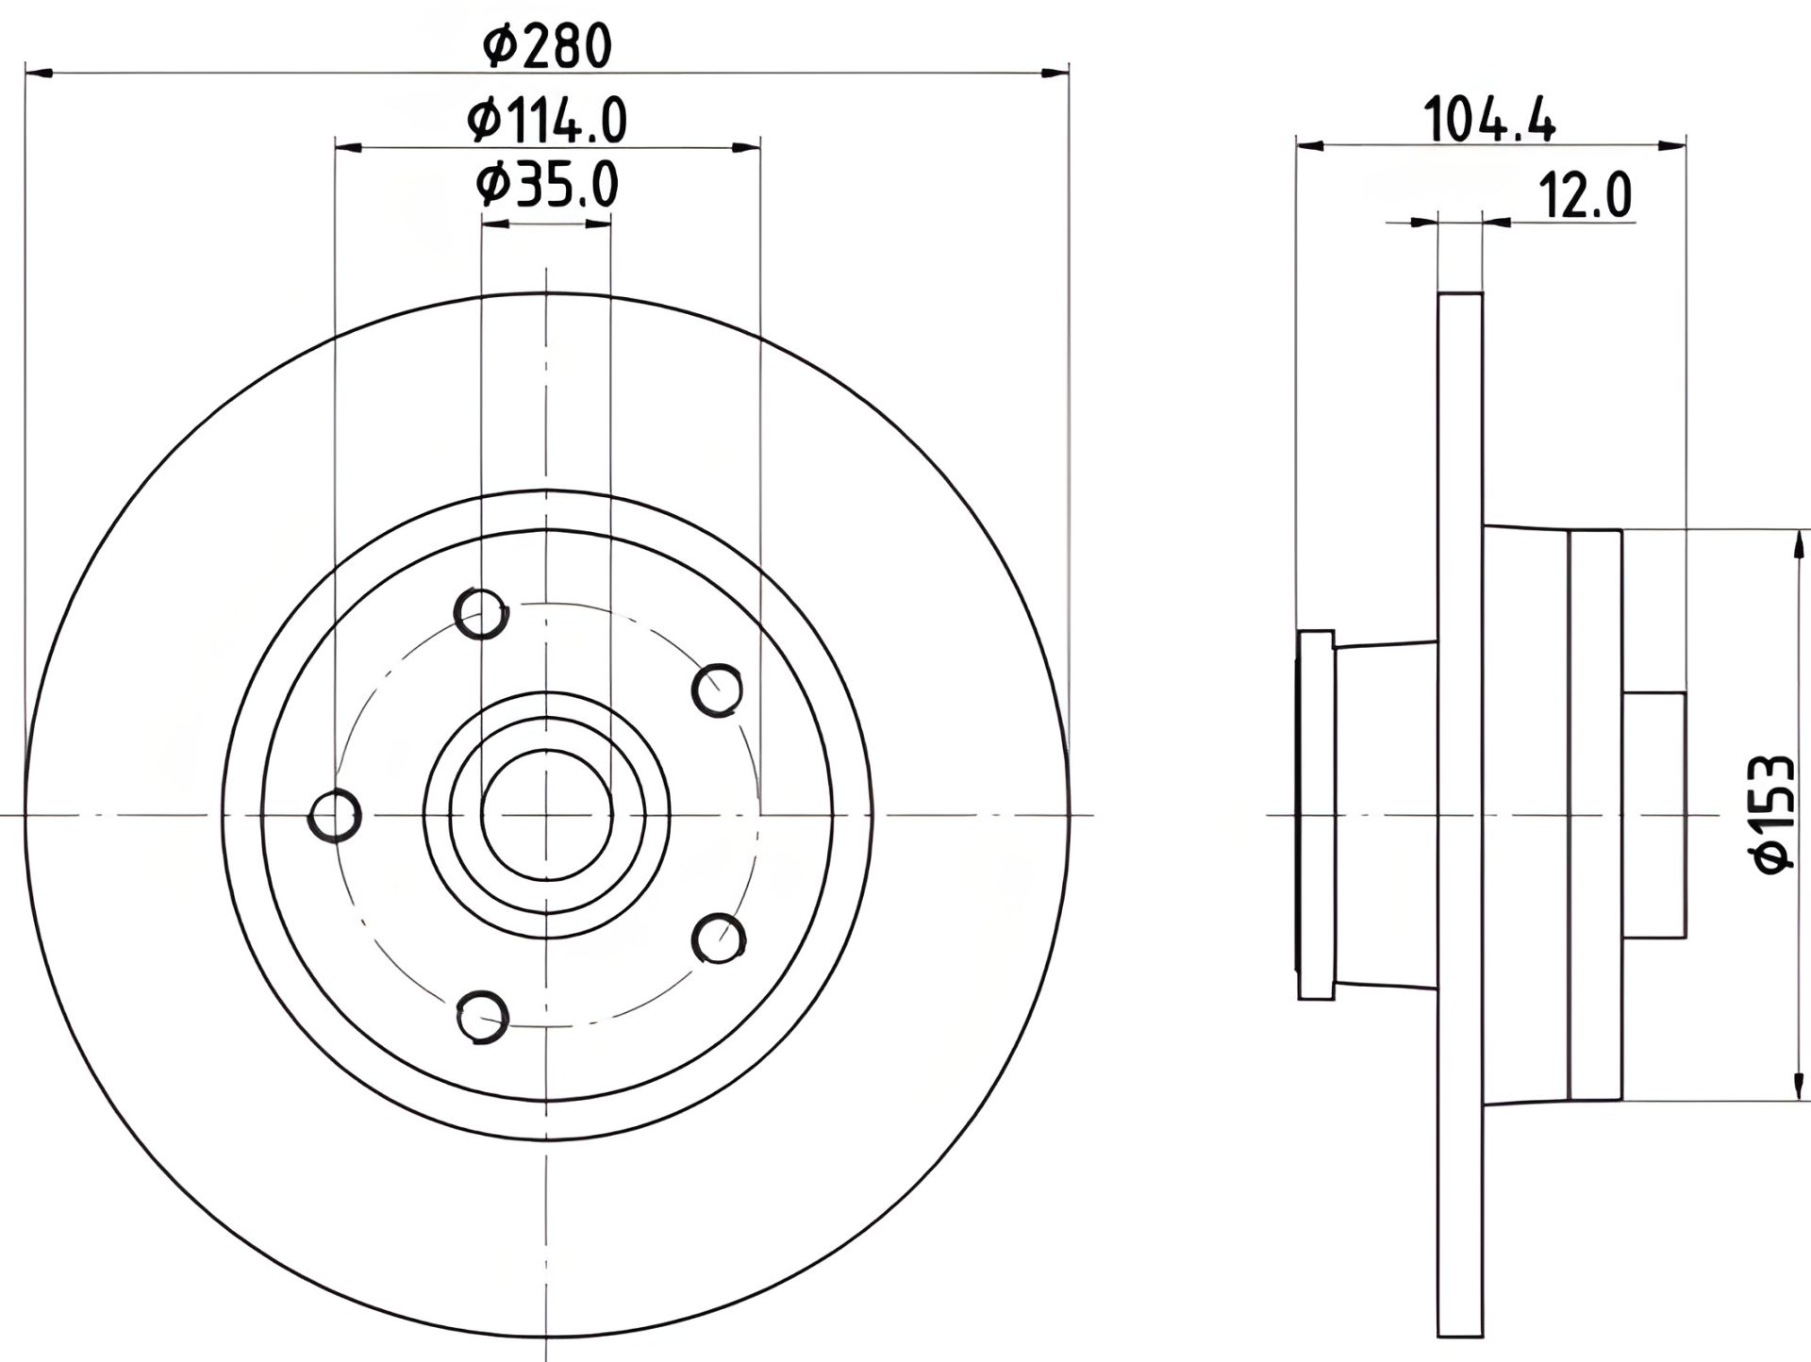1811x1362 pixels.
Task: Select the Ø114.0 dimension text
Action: pos(547,122)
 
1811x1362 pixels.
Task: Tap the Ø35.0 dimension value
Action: pos(547,185)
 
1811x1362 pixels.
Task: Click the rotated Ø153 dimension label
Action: pos(1770,813)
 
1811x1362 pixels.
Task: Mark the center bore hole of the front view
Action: pos(546,815)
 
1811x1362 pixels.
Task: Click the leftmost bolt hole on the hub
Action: pos(335,815)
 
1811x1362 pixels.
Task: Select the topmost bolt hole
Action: pos(481,614)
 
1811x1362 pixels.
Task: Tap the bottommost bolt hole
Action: pos(482,1017)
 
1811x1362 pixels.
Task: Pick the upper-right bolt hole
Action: pos(717,690)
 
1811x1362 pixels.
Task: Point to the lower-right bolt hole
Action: pos(719,938)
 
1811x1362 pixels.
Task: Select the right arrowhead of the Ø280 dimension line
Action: pos(1055,72)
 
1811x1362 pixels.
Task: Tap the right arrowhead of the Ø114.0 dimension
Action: pos(746,147)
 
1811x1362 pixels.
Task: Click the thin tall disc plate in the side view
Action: pos(1460,814)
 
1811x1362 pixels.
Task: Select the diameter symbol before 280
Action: pos(497,46)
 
